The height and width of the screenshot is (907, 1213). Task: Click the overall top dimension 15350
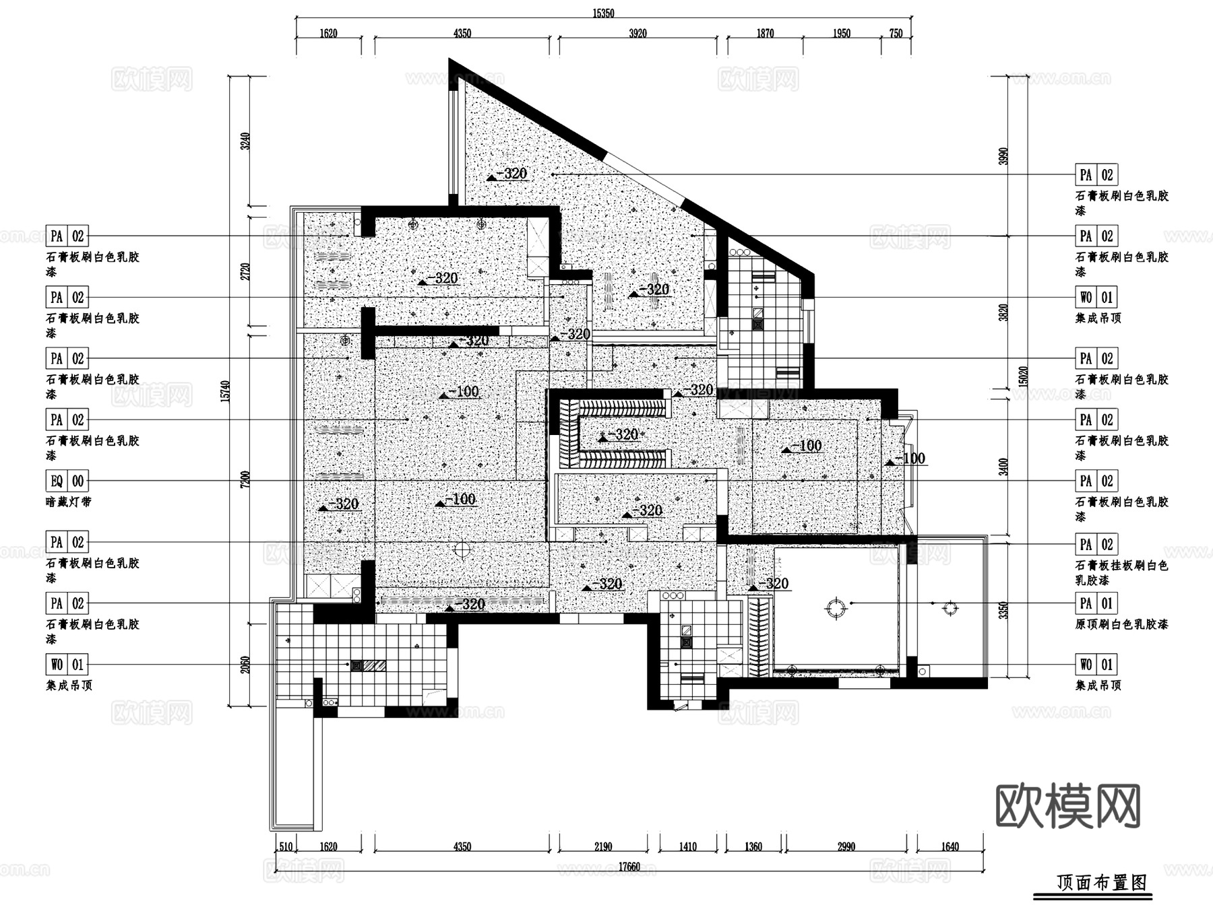tap(603, 13)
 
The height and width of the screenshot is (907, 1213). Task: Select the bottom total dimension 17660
tap(629, 867)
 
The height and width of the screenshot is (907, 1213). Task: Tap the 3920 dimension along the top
tap(637, 33)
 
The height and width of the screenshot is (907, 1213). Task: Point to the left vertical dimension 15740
tap(226, 391)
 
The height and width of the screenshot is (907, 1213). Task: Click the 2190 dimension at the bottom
tap(603, 846)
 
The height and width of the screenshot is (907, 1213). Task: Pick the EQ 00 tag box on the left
tap(67, 481)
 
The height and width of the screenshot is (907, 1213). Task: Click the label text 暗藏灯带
tap(69, 502)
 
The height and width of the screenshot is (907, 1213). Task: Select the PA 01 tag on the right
tap(1096, 603)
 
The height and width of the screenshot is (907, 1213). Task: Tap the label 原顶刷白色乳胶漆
tap(1121, 624)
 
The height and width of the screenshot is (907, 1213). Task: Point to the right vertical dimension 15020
tap(1023, 377)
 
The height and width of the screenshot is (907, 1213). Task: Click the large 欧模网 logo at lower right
tap(1068, 806)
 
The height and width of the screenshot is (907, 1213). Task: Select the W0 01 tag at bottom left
tap(67, 665)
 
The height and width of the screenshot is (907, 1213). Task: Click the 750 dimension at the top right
tap(896, 33)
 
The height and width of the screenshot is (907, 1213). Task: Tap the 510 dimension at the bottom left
tap(286, 846)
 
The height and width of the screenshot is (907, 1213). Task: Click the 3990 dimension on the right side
tap(1003, 156)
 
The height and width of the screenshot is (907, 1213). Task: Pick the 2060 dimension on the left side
tap(246, 665)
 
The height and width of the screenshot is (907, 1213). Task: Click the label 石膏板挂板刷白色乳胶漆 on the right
tap(1121, 572)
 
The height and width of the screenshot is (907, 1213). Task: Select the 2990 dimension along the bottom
tap(846, 846)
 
